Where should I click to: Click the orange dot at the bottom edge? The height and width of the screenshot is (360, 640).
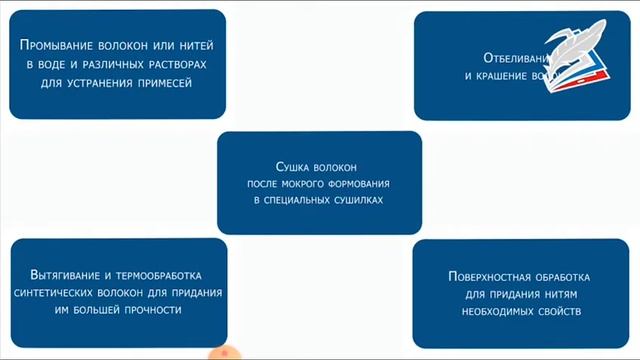[226, 352]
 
